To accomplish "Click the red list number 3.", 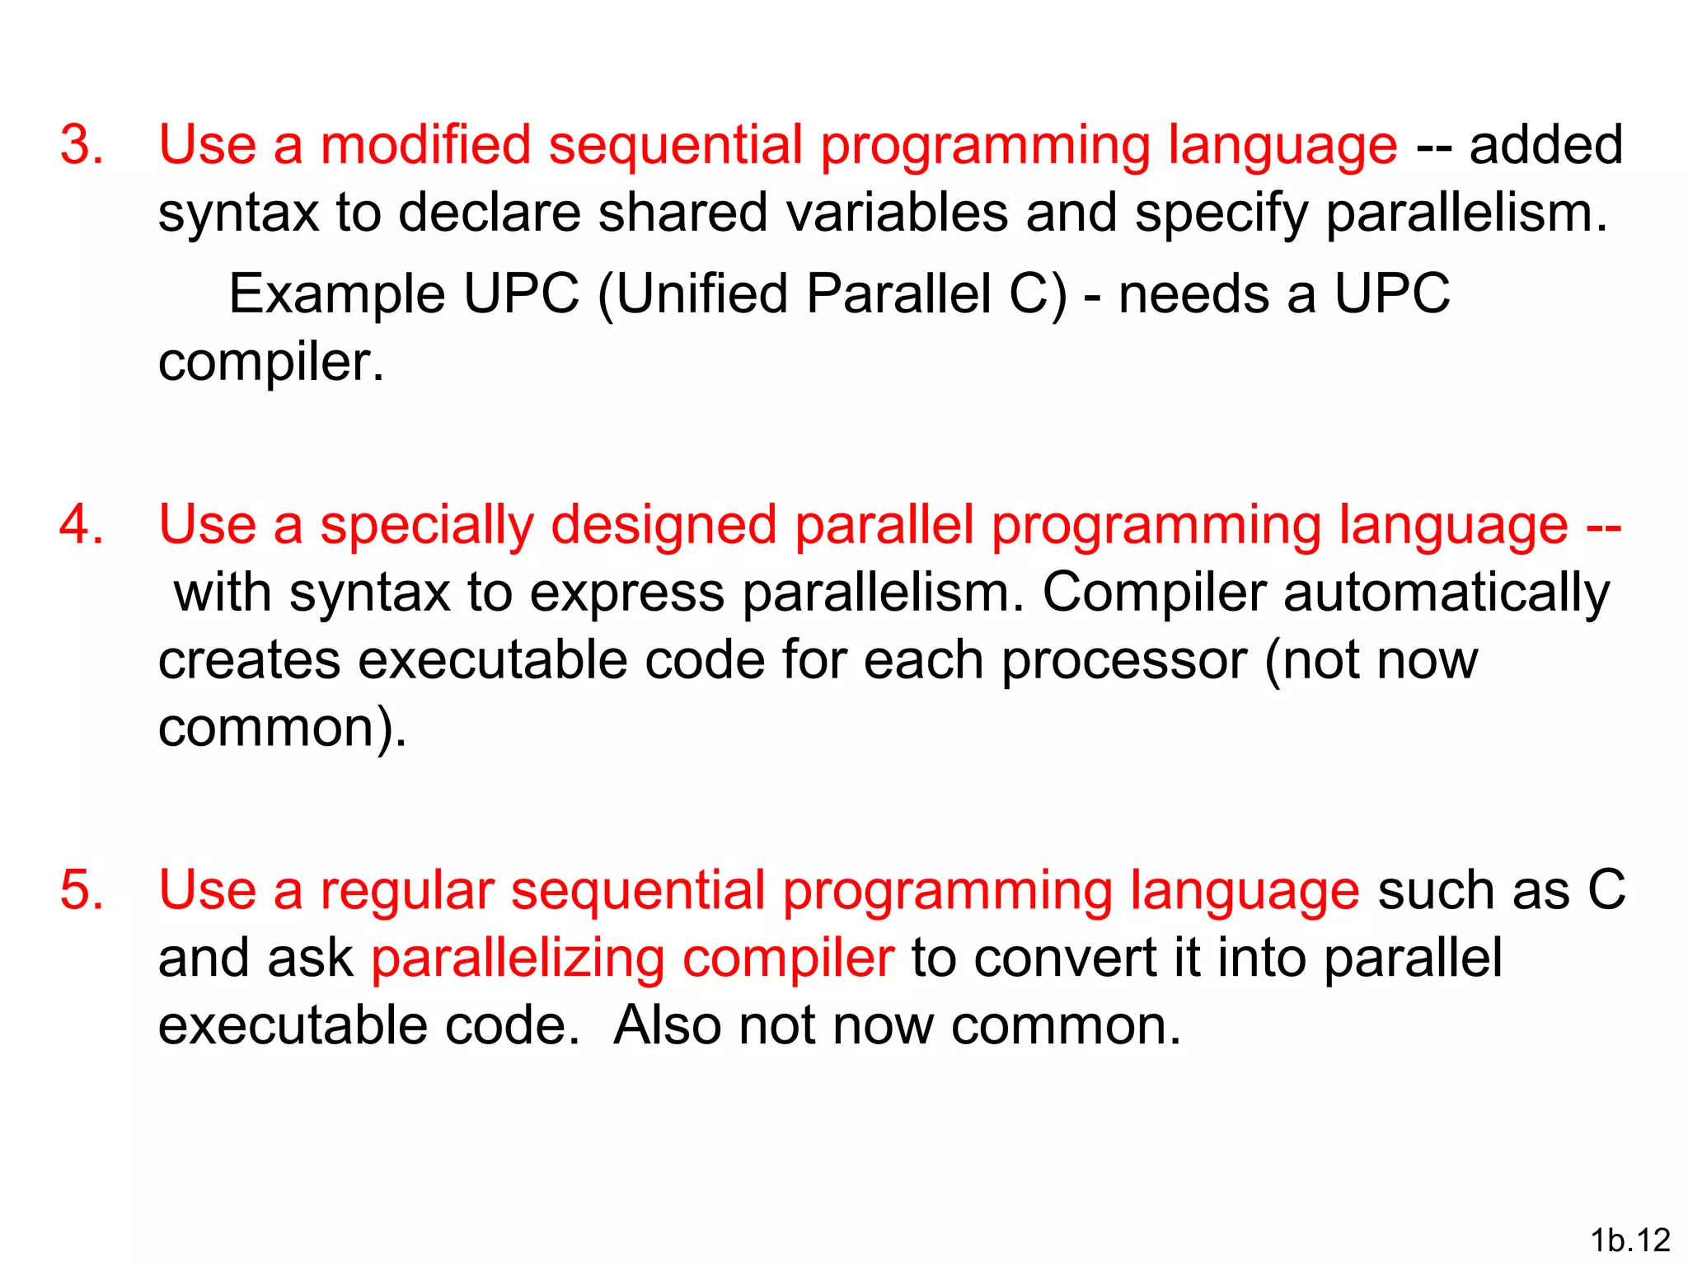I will tap(82, 145).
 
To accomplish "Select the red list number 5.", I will tap(82, 890).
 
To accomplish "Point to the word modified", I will tap(425, 145).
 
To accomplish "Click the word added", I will tap(1545, 145).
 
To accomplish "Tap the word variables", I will tap(897, 213).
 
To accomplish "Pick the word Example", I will tap(336, 294).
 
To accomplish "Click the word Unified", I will tap(702, 294).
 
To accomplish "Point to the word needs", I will tap(1193, 294).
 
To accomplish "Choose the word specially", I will tap(427, 526).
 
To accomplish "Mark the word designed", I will tap(663, 526).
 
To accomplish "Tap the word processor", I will tap(1123, 661).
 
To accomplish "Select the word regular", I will tap(407, 892).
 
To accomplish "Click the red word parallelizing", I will tap(518, 959).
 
